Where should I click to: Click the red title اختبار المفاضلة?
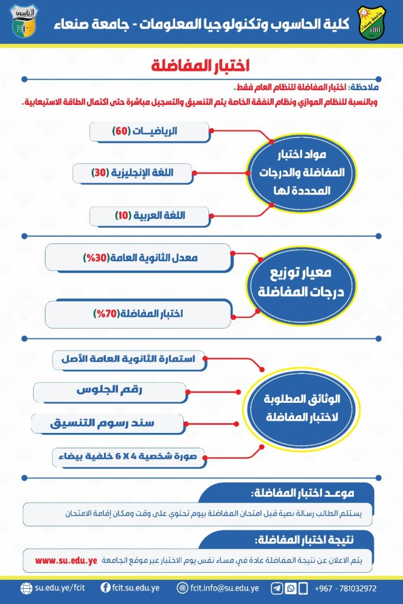[201, 64]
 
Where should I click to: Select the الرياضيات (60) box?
[149, 132]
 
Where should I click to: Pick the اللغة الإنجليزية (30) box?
[133, 173]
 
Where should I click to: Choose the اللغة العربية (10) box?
[149, 216]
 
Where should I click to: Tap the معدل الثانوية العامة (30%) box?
[138, 258]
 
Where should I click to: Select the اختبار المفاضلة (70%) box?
[138, 313]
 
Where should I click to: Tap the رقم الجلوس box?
[110, 391]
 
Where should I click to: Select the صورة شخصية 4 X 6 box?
[129, 455]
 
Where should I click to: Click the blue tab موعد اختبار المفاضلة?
[287, 492]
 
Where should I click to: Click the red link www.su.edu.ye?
[66, 560]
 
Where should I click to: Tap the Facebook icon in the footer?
[106, 588]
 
